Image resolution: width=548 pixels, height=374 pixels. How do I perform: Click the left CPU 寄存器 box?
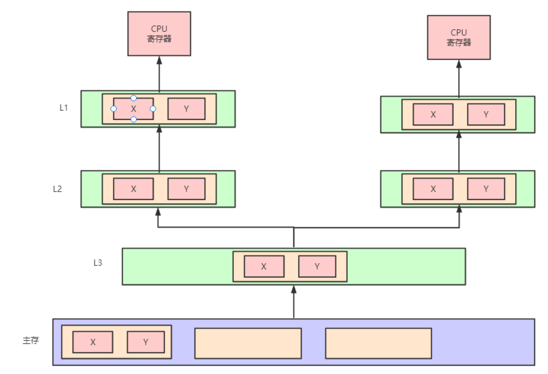pyautogui.click(x=159, y=34)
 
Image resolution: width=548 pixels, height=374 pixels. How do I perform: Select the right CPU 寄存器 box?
pyautogui.click(x=459, y=38)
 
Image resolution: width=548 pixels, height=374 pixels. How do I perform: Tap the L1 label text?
pyautogui.click(x=64, y=108)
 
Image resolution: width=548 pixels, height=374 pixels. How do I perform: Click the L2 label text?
pyautogui.click(x=57, y=189)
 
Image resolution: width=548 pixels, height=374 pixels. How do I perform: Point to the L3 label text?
pyautogui.click(x=98, y=263)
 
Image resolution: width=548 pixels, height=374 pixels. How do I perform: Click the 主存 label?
pyautogui.click(x=31, y=340)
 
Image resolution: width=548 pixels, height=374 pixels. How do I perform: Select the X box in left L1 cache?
pyautogui.click(x=133, y=109)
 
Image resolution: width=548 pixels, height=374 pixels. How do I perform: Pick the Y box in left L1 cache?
pyautogui.click(x=186, y=109)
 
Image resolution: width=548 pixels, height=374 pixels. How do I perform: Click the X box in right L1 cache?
pyautogui.click(x=433, y=115)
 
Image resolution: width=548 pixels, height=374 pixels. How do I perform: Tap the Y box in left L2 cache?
pyautogui.click(x=186, y=189)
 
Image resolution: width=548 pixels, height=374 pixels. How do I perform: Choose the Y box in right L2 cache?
pyautogui.click(x=486, y=189)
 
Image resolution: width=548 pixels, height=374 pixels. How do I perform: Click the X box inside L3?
pyautogui.click(x=264, y=267)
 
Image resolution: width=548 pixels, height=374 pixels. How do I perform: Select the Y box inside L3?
pyautogui.click(x=317, y=267)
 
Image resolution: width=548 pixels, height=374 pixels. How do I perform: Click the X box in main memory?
pyautogui.click(x=93, y=342)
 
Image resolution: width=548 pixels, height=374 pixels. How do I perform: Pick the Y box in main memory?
pyautogui.click(x=146, y=342)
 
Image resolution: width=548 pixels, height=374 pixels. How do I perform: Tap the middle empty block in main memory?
pyautogui.click(x=248, y=343)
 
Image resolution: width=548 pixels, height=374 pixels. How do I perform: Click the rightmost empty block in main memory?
pyautogui.click(x=378, y=343)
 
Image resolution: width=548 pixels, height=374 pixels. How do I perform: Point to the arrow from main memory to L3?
pyautogui.click(x=294, y=302)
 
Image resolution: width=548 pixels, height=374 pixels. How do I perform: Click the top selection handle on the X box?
pyautogui.click(x=133, y=98)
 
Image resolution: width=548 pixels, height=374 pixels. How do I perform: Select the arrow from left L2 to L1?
pyautogui.click(x=159, y=149)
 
